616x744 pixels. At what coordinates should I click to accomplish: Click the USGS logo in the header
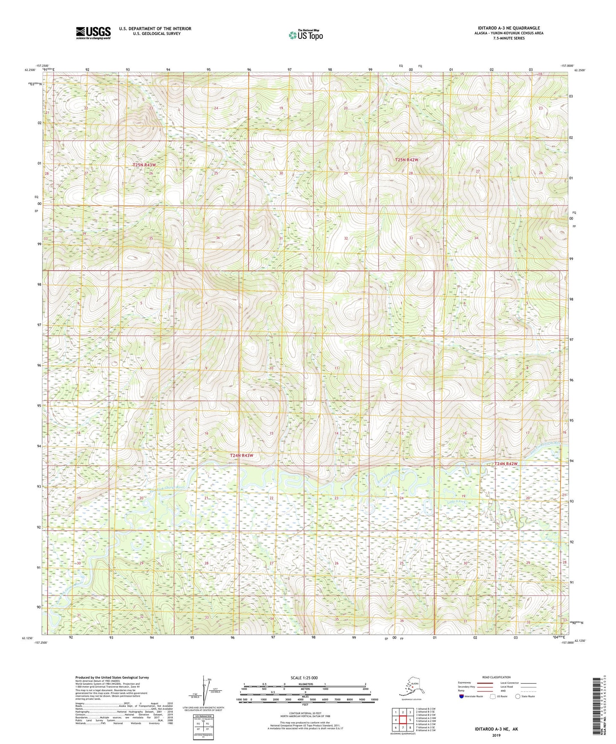point(93,33)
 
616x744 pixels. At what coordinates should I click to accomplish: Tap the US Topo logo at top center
point(305,35)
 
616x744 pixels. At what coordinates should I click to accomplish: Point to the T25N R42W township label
point(407,159)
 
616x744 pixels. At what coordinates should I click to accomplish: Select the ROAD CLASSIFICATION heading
point(497,677)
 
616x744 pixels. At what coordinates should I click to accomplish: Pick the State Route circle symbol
point(518,697)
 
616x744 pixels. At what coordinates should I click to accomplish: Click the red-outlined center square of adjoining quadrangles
point(402,720)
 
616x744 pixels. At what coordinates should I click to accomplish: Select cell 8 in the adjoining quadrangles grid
point(410,727)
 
